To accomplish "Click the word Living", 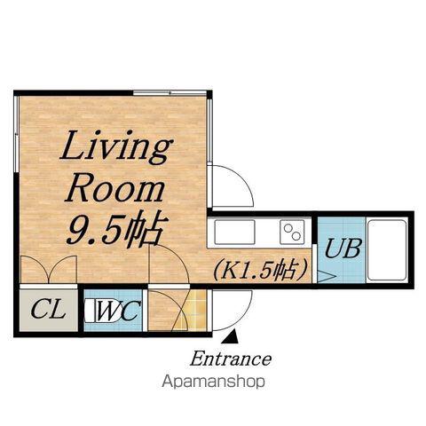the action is pyautogui.click(x=116, y=148).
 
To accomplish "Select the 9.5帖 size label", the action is pyautogui.click(x=117, y=228).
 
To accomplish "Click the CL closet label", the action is pyautogui.click(x=48, y=309).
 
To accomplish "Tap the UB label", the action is pyautogui.click(x=343, y=248).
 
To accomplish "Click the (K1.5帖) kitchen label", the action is pyautogui.click(x=259, y=270).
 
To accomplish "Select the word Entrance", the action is pyautogui.click(x=231, y=359).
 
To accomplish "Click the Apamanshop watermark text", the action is pyautogui.click(x=214, y=382).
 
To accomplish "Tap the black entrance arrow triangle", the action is pyautogui.click(x=232, y=336).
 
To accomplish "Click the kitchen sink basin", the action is pyautogui.click(x=234, y=232).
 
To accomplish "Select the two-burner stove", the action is pyautogui.click(x=292, y=232).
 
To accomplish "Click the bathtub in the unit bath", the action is pyautogui.click(x=387, y=250).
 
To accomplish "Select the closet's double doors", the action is pyautogui.click(x=49, y=269).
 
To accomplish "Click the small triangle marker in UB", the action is pyautogui.click(x=327, y=277).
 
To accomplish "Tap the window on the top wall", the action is pyautogui.click(x=170, y=93).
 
